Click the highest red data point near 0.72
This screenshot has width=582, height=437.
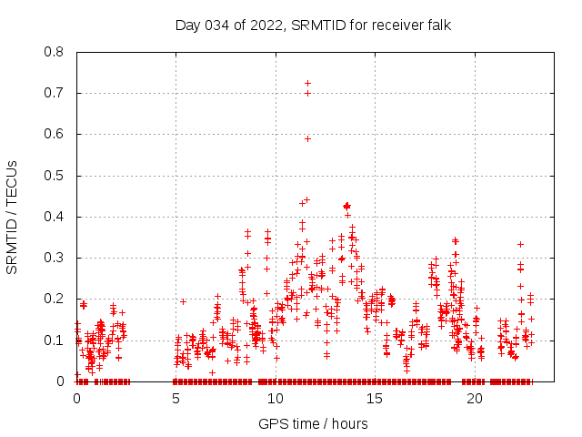tap(307, 84)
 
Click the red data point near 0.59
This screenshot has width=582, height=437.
tap(307, 138)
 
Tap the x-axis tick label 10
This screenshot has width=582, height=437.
tap(276, 399)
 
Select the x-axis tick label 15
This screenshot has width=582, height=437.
tap(375, 399)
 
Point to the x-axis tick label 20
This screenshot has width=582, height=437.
tap(474, 399)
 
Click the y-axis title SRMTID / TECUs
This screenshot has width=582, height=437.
tap(13, 217)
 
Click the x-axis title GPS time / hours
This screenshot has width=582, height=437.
tap(313, 423)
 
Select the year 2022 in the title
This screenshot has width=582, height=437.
tap(267, 25)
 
